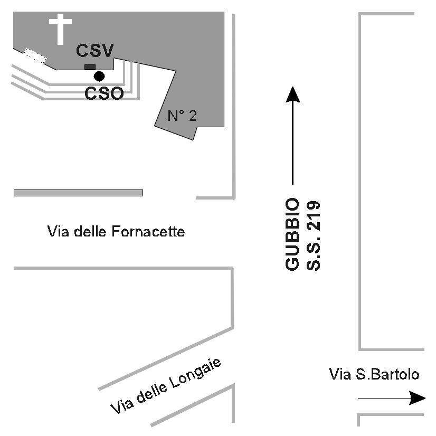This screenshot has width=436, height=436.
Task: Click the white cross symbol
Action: (x=60, y=29)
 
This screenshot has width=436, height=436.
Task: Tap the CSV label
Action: (x=95, y=51)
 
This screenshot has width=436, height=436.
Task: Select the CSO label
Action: (x=105, y=93)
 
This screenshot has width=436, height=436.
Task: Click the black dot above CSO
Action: (x=99, y=76)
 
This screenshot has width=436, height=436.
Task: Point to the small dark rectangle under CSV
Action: (x=90, y=67)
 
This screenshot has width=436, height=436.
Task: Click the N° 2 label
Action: (x=182, y=116)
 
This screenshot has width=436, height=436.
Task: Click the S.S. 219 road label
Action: (x=314, y=234)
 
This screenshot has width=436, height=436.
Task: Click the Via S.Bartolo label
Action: (x=374, y=375)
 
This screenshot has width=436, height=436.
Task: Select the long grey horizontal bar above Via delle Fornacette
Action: (x=78, y=193)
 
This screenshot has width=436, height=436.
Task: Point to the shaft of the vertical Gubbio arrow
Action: (x=292, y=143)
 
